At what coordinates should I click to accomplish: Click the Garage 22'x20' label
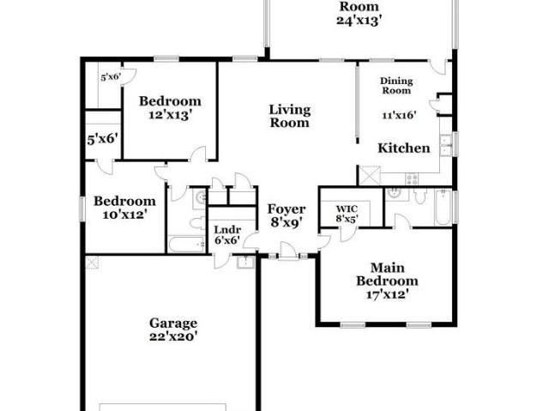point(173,329)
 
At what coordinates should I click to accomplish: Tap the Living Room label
point(290,116)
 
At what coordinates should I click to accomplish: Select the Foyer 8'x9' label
point(287,215)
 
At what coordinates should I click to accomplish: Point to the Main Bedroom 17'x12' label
point(387,281)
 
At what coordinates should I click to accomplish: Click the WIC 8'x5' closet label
point(347,214)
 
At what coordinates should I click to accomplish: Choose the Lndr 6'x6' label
point(227,235)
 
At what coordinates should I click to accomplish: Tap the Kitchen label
point(404,148)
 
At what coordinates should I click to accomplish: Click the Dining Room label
point(396,86)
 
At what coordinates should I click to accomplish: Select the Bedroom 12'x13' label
point(170,108)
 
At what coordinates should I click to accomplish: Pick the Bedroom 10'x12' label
point(124,208)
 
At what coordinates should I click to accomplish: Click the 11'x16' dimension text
point(399,115)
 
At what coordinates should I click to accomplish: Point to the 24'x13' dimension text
point(359,21)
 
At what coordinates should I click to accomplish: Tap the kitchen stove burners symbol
point(412,179)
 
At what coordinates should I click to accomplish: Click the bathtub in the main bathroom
point(443,208)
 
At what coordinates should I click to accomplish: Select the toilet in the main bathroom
point(419,196)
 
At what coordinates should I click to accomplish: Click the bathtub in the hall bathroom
point(186,245)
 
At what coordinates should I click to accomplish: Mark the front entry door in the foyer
point(288,251)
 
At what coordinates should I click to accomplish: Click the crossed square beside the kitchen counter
point(370,175)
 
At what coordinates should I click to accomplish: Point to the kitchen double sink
point(445,146)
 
